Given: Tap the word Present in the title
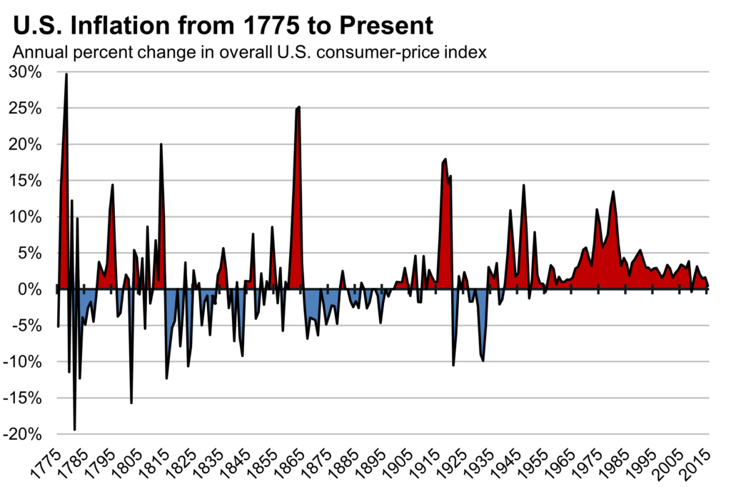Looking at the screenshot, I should pos(386,26).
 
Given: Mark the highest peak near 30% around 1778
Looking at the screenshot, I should pos(66,74).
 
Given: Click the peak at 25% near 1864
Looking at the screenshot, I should pos(298,107).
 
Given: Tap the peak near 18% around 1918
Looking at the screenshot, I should pos(445,159).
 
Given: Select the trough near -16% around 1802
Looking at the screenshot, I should pos(131,403).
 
